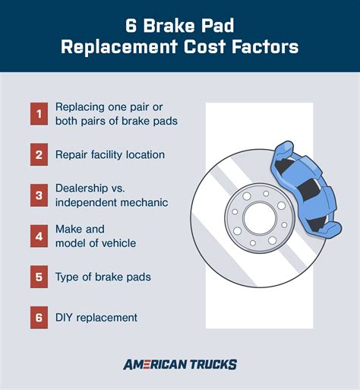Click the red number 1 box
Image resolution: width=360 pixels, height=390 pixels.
[x=39, y=114]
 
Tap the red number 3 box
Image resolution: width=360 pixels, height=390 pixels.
[x=39, y=195]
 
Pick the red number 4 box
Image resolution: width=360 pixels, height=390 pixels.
[x=39, y=236]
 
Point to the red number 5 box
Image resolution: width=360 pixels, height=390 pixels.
[x=39, y=277]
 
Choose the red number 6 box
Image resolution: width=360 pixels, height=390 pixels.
[x=39, y=317]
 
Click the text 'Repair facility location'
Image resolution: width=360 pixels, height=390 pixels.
[x=110, y=154]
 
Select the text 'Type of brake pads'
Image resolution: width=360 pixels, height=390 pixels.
[x=103, y=277]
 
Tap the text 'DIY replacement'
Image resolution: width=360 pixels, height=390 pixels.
[x=97, y=317]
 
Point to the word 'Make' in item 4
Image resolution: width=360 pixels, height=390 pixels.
[x=69, y=229]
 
